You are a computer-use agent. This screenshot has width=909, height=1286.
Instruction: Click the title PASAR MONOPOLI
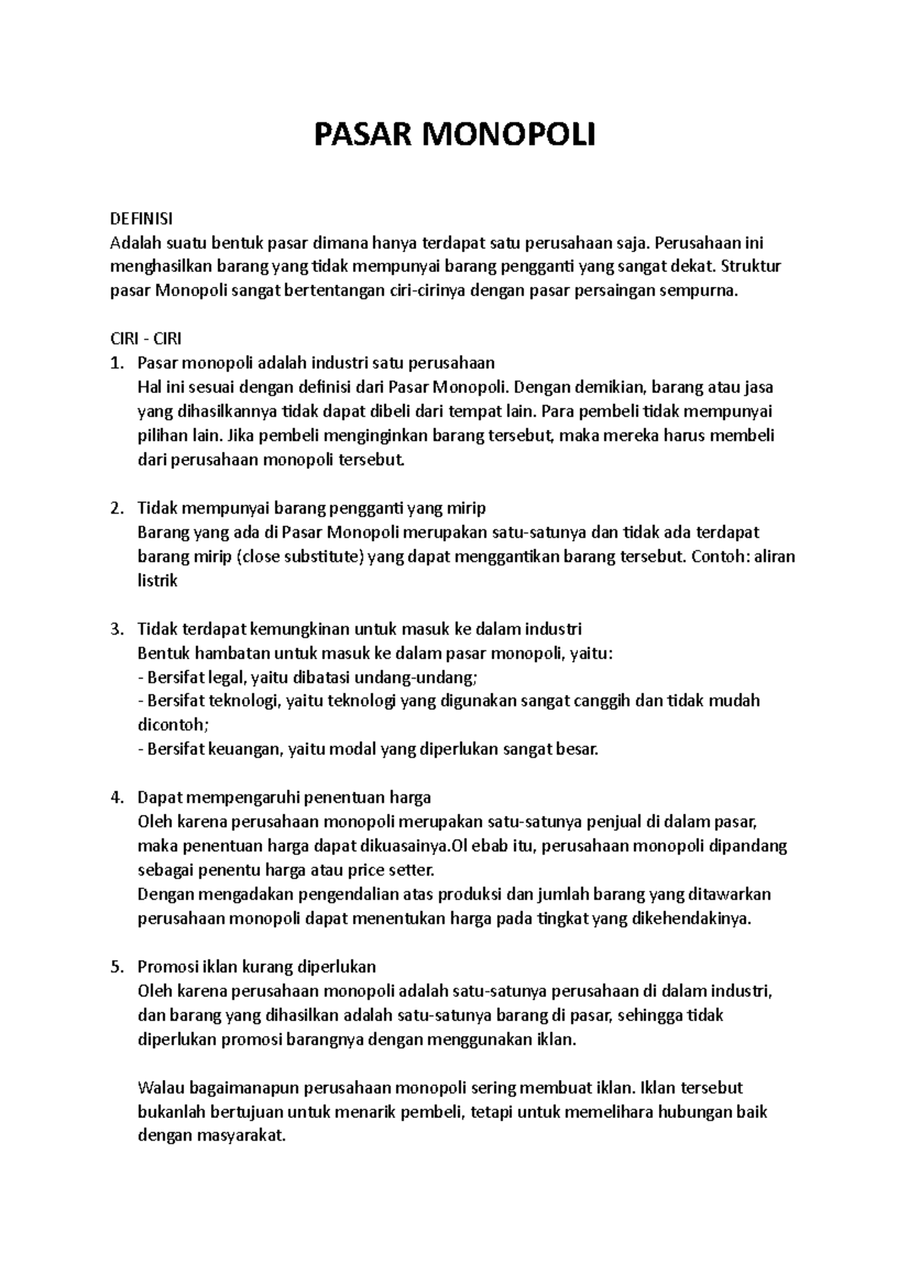coord(454,136)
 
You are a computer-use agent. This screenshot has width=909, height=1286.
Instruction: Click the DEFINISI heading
coord(142,219)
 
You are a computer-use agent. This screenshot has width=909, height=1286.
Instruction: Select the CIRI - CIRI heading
coord(146,339)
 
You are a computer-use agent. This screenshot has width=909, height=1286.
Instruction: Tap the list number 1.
coord(115,364)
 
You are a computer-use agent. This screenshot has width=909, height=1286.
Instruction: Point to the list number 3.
coord(115,629)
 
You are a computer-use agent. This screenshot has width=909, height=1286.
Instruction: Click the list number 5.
coord(115,967)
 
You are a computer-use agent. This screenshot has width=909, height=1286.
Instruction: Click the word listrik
coord(158,582)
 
